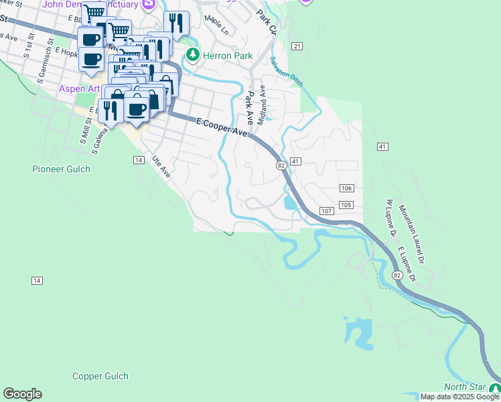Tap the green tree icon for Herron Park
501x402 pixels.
click(x=193, y=54)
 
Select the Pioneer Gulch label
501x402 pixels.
click(x=60, y=169)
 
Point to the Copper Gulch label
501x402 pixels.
click(x=100, y=377)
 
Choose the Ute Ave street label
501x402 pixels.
click(x=161, y=167)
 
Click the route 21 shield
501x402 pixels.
click(x=297, y=46)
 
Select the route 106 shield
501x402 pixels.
click(x=346, y=188)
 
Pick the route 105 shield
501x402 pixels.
click(x=346, y=205)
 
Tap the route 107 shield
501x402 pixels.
click(x=326, y=211)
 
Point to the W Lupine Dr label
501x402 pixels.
click(x=391, y=218)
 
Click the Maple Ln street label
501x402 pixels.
click(x=216, y=27)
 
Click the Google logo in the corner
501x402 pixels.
click(x=22, y=394)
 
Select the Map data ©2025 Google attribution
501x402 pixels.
click(x=459, y=397)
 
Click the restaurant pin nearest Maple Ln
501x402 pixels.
click(x=177, y=23)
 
